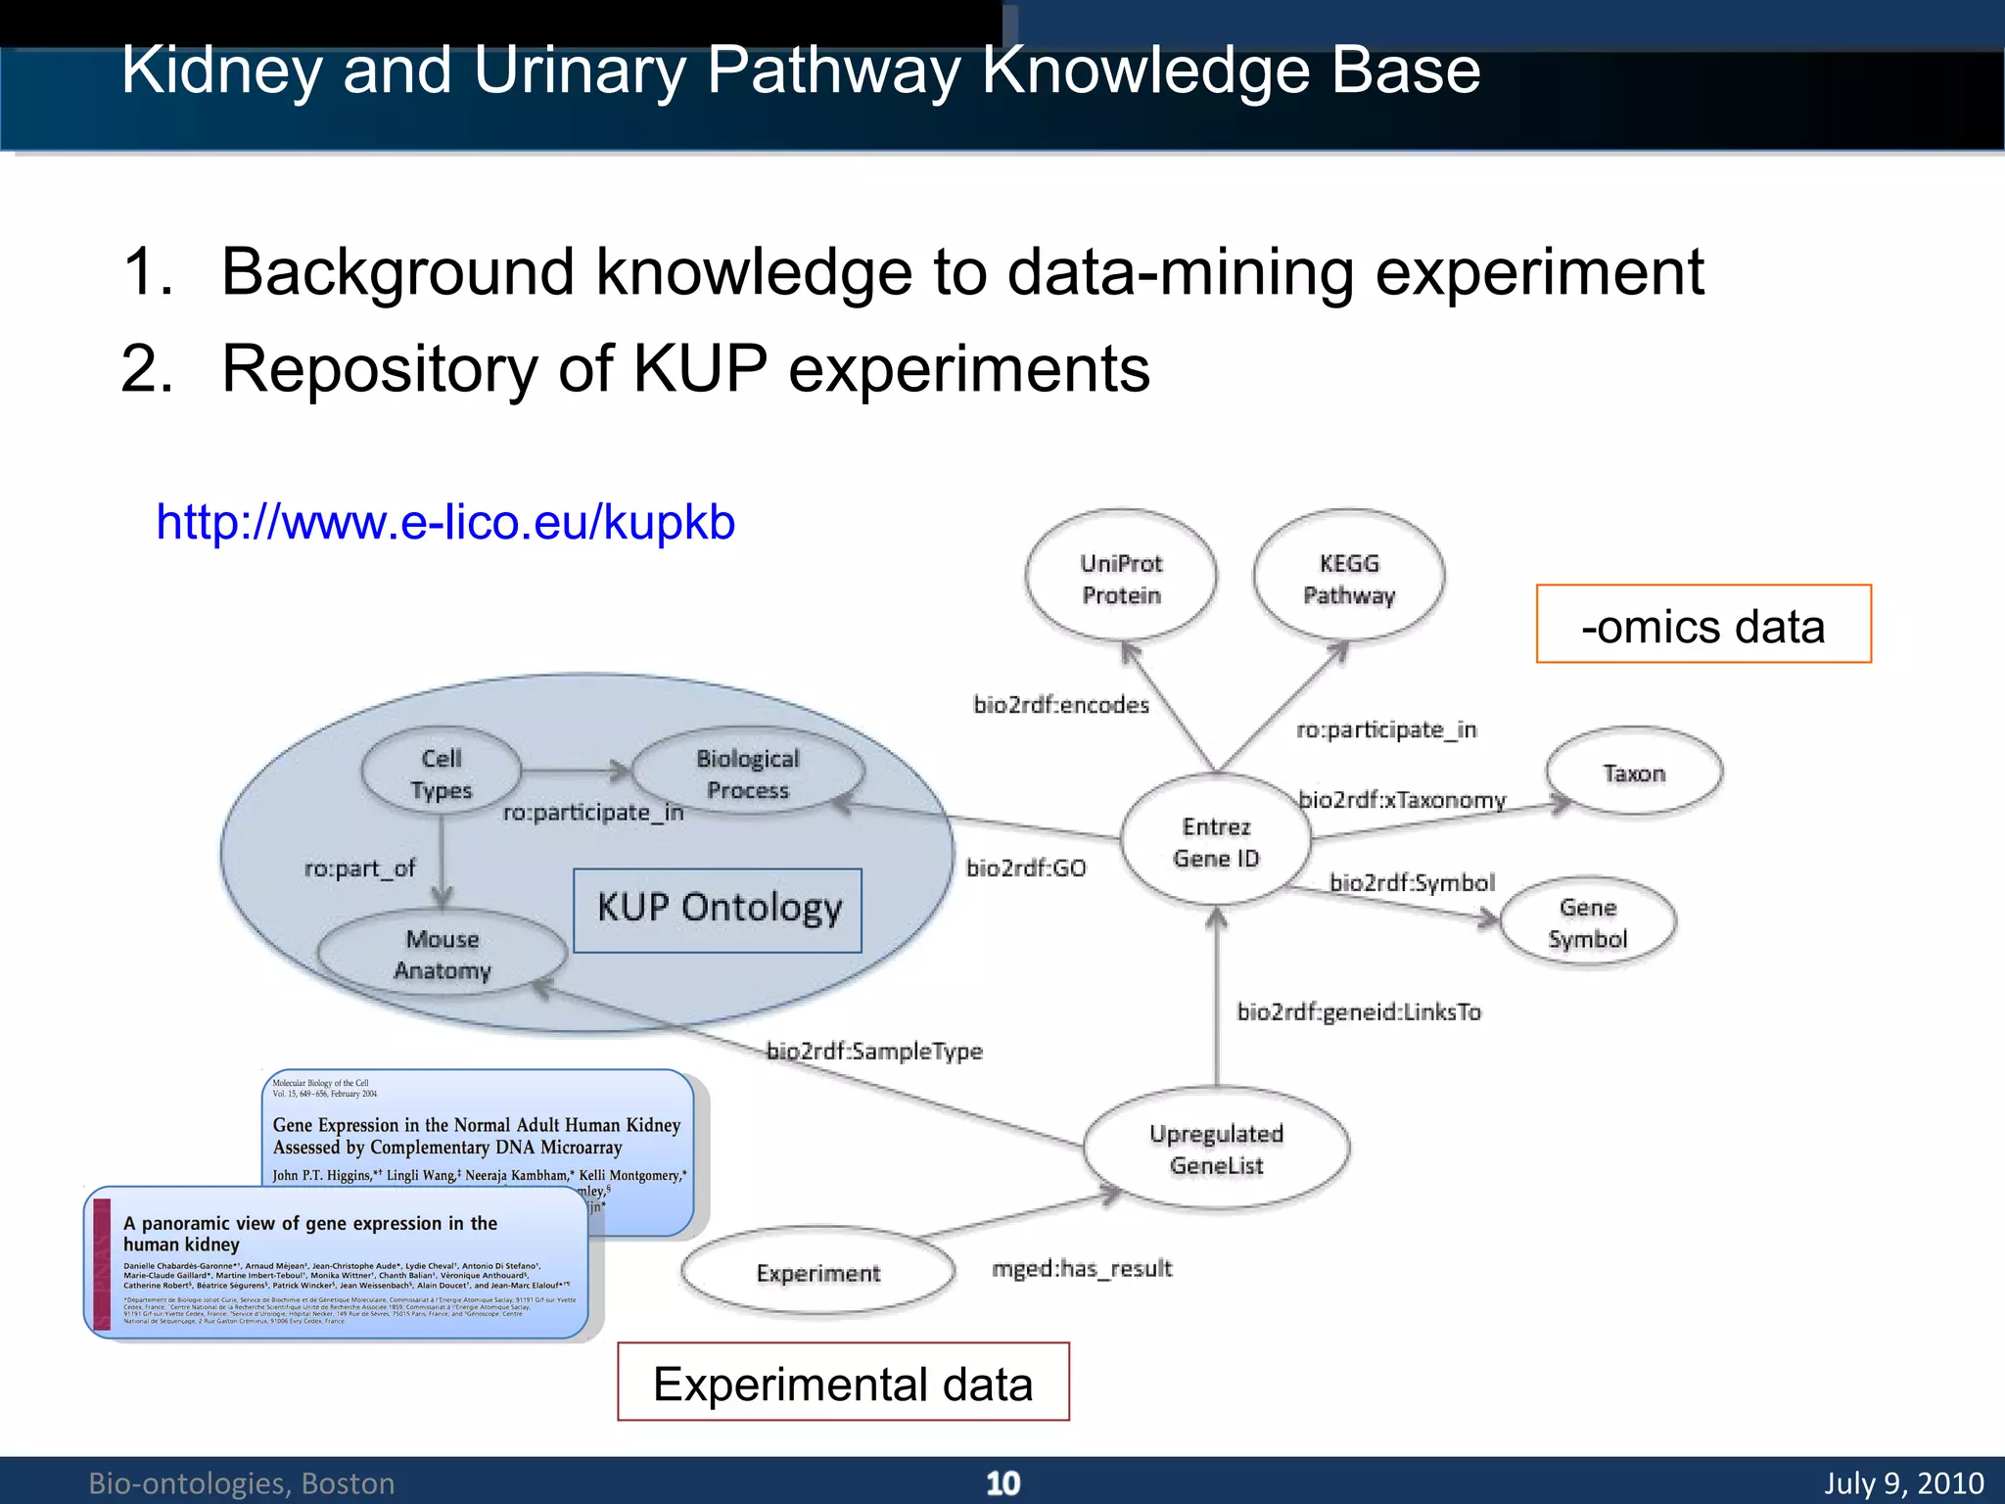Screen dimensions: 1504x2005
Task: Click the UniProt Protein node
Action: tap(1121, 578)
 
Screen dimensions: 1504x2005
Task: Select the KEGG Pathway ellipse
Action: tap(1349, 578)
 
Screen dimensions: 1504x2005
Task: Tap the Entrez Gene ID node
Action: tap(1216, 841)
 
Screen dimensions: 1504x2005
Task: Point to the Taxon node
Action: tap(1634, 773)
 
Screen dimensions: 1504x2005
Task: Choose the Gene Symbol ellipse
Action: tap(1587, 922)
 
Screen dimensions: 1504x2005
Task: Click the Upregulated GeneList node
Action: tap(1216, 1149)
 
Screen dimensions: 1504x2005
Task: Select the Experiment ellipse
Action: tap(817, 1272)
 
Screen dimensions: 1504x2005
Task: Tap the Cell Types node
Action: tap(441, 774)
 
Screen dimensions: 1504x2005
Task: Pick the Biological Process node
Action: tap(748, 774)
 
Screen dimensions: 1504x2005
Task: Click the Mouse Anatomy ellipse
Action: tap(443, 954)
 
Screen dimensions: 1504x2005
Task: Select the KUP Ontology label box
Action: tap(718, 910)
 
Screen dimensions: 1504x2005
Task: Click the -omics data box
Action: tap(1703, 625)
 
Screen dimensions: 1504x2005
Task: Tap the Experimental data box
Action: tap(843, 1383)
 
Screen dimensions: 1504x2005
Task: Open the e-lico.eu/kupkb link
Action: tap(445, 522)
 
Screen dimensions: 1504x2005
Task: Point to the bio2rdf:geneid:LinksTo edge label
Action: tap(1359, 1011)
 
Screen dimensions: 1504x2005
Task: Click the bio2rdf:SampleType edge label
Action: tap(874, 1051)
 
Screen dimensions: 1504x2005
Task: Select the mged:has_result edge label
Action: tap(1082, 1268)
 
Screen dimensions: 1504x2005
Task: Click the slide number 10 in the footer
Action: tap(1002, 1482)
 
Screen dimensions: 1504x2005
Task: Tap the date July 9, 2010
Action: tap(1903, 1482)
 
